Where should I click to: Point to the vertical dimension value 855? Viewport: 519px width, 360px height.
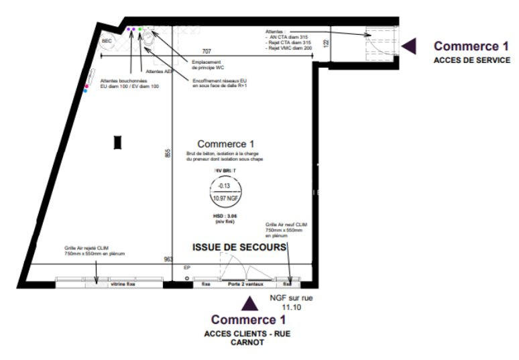[168, 153]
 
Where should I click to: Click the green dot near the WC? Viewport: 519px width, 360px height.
[141, 29]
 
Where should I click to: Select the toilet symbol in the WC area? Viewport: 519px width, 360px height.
[149, 40]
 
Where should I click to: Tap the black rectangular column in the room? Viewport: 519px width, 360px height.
[117, 141]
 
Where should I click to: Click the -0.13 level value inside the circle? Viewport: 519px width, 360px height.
[225, 186]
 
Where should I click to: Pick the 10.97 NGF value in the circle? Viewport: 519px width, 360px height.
[225, 198]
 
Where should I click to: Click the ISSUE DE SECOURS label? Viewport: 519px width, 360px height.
[239, 247]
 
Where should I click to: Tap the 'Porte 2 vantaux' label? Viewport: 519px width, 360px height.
[245, 284]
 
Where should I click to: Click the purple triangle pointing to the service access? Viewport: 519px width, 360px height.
[410, 46]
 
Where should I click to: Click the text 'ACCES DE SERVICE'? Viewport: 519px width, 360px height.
[471, 60]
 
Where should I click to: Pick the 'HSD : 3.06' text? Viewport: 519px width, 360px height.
[225, 217]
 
